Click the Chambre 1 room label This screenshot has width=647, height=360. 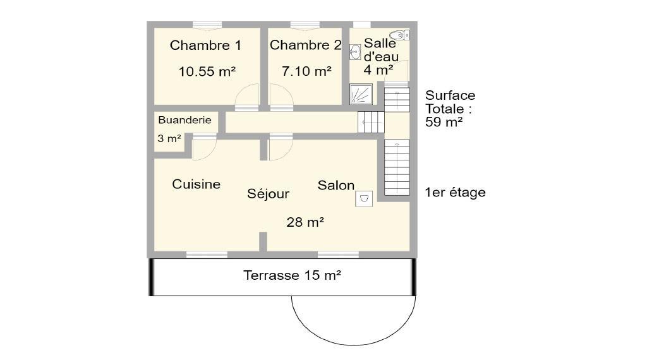[x=205, y=45]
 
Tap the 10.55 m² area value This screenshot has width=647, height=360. [x=207, y=71]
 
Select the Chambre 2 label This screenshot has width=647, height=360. [x=305, y=45]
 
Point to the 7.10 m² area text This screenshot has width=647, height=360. [x=306, y=71]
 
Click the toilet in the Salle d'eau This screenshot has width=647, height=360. [x=399, y=35]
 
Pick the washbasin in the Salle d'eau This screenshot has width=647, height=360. [x=355, y=52]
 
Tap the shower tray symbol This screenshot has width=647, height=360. [x=361, y=94]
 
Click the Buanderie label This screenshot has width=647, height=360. [x=184, y=120]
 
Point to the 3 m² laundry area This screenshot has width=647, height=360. [x=169, y=138]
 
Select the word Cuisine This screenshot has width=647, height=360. [x=196, y=184]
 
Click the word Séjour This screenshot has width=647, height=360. [x=268, y=193]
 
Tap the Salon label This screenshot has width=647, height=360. [x=336, y=185]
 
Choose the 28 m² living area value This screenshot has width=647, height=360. [x=305, y=222]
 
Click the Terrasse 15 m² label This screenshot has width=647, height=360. [x=292, y=275]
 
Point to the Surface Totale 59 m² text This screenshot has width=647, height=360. [x=450, y=109]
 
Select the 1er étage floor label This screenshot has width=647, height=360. [x=455, y=192]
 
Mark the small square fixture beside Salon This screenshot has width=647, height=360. [x=364, y=198]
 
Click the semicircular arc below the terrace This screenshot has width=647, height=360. [x=354, y=345]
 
